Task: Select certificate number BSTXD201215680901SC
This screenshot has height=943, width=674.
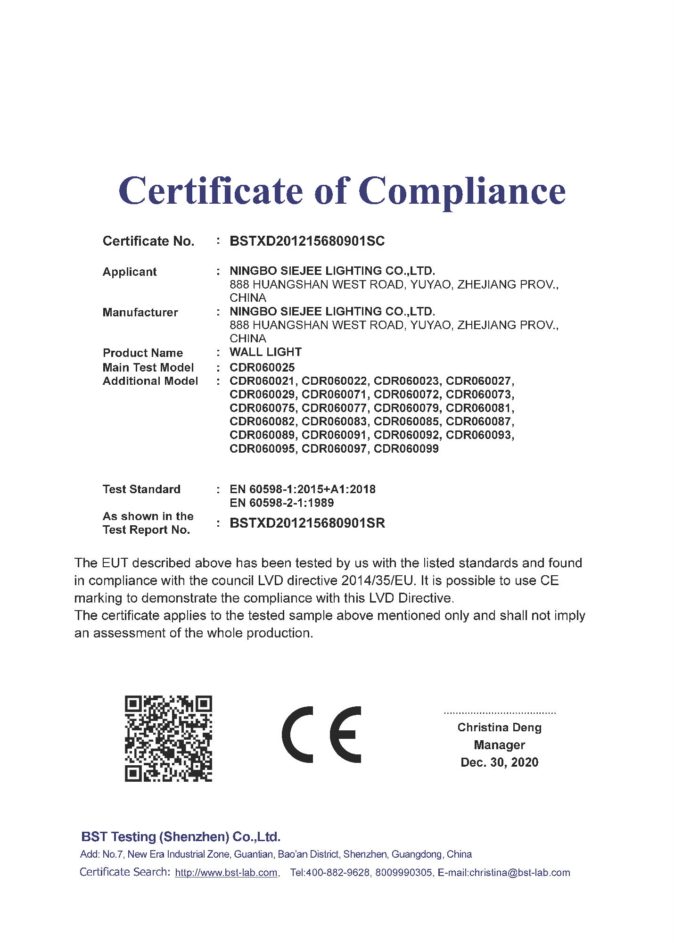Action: pos(307,241)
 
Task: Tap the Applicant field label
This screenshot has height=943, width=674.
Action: pos(130,272)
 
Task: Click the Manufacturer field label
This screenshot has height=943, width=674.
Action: pos(140,312)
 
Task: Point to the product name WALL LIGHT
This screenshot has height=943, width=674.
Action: pos(265,352)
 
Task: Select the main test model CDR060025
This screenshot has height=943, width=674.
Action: pos(262,367)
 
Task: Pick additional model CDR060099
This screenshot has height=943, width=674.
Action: pos(406,448)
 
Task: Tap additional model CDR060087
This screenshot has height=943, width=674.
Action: pos(478,421)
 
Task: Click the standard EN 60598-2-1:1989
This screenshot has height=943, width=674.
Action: pos(281,503)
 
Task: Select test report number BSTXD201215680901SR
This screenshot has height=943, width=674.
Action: pos(307,523)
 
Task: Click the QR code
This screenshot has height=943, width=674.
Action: pos(168,738)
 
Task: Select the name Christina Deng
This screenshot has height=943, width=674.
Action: pos(499,728)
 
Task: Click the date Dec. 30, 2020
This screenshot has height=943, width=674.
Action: pos(499,762)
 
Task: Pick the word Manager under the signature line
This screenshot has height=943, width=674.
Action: pos(499,745)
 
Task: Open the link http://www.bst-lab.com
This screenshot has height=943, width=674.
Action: pos(226,873)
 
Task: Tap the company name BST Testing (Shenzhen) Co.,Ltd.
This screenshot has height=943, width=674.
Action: pos(181,837)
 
